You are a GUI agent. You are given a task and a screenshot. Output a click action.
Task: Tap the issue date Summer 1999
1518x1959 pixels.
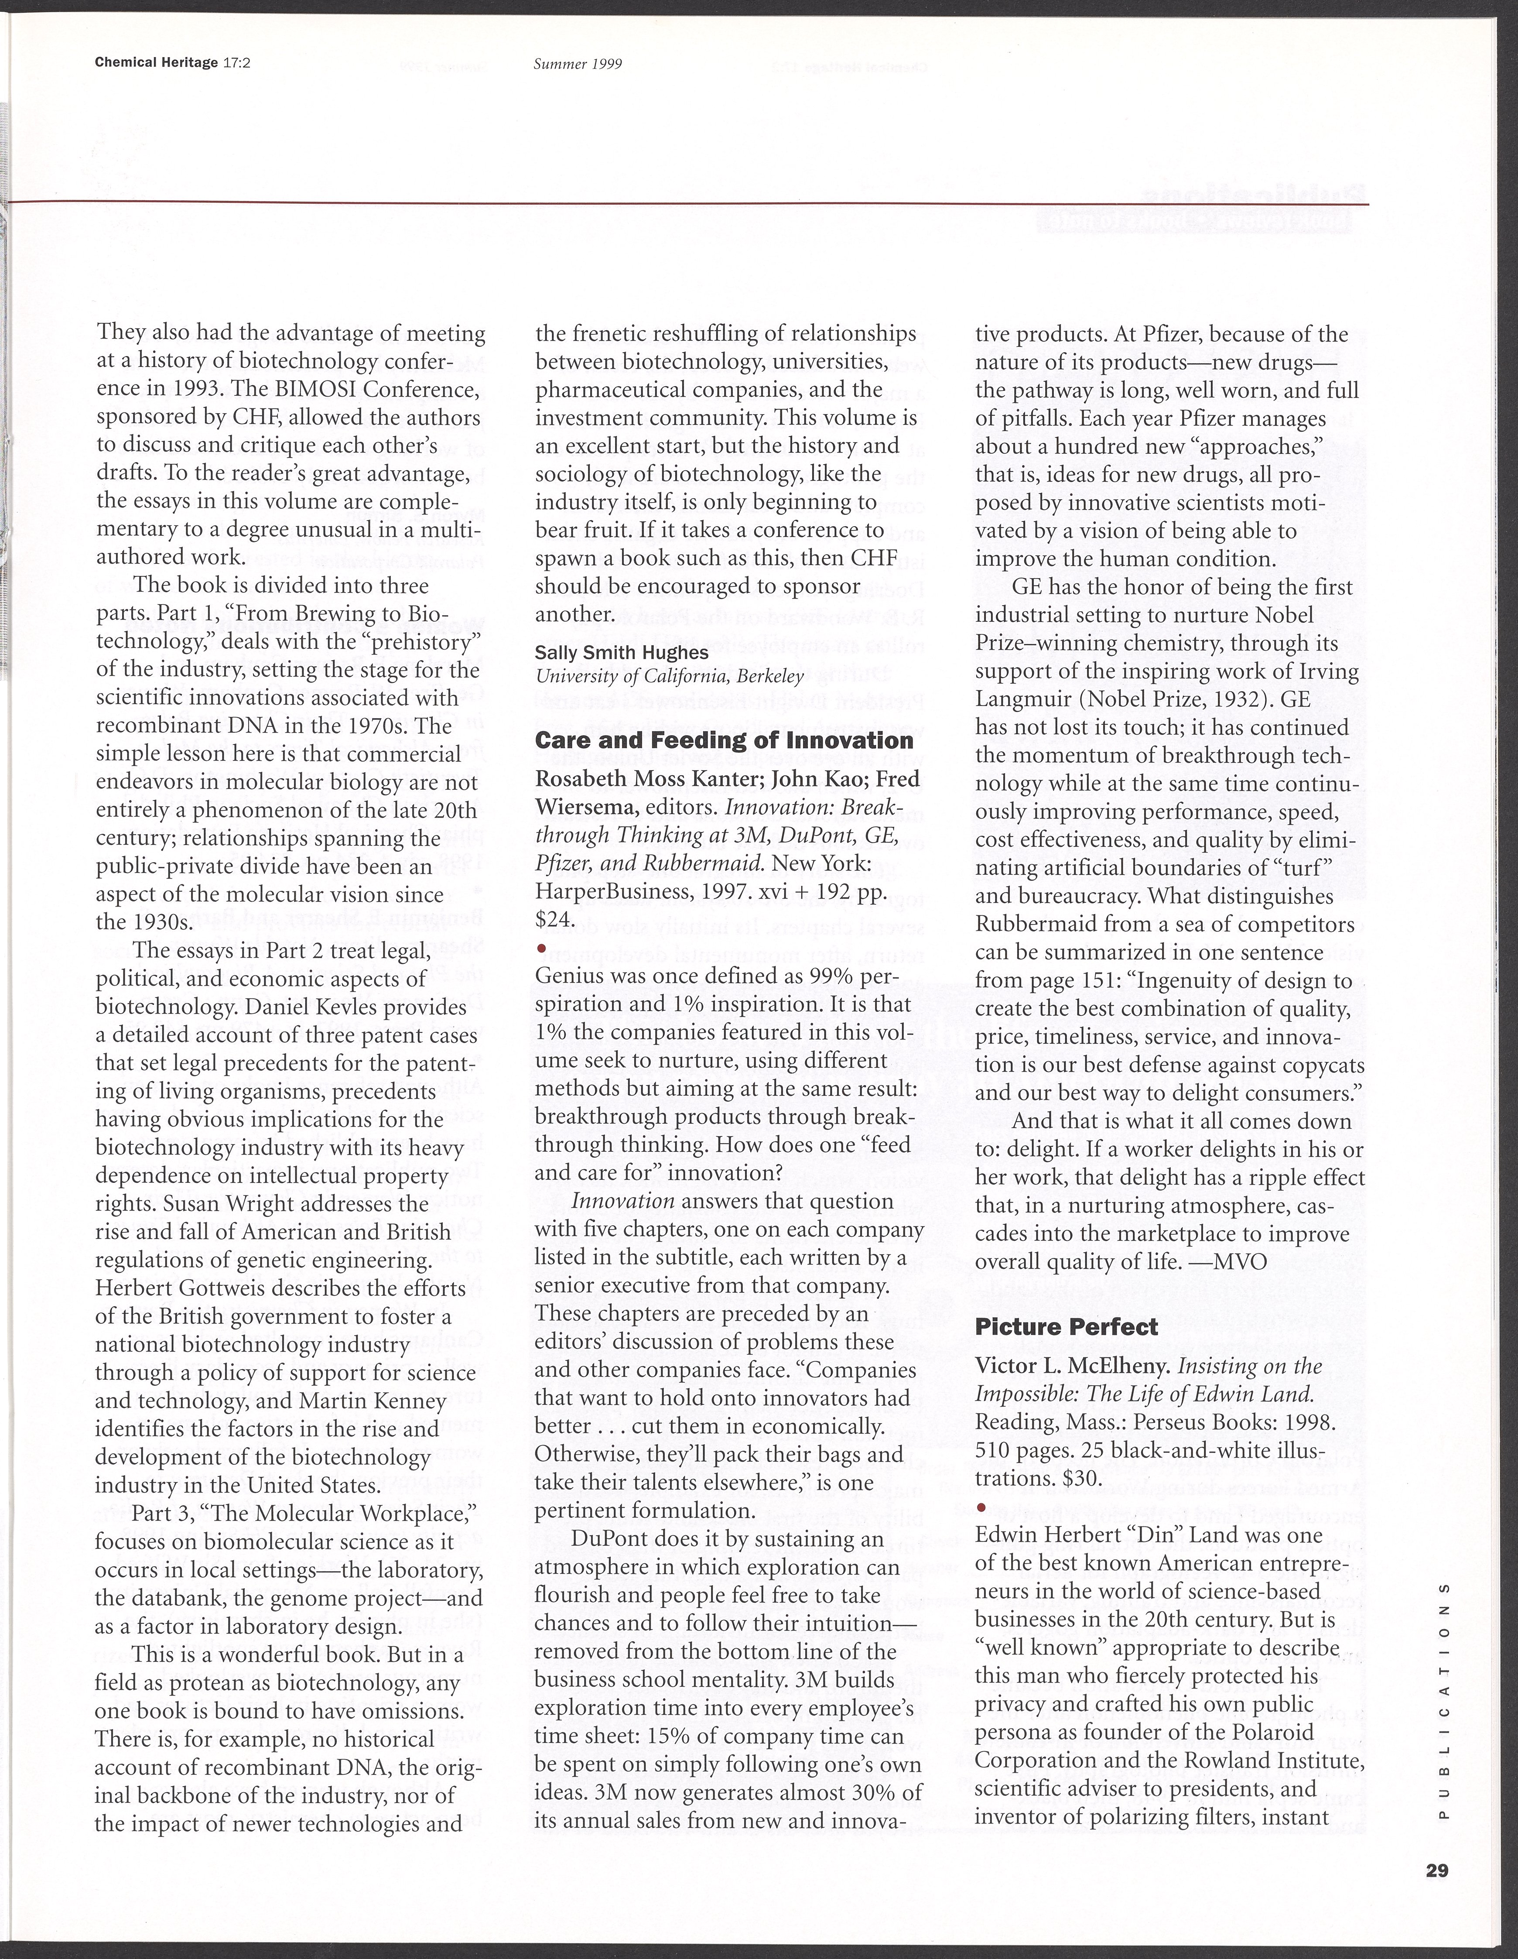click(578, 64)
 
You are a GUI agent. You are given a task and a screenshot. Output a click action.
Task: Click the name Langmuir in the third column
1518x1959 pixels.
click(1029, 699)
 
